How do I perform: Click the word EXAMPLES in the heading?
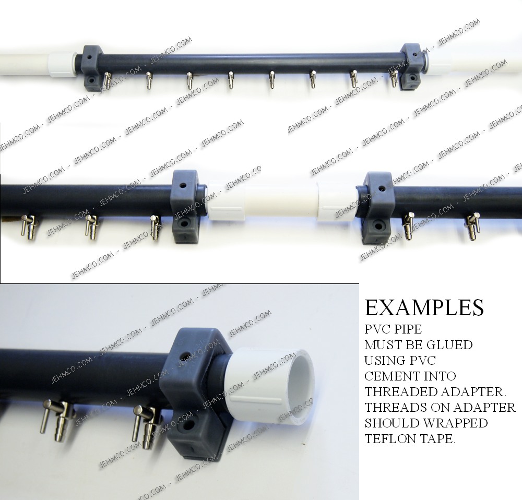[424, 307]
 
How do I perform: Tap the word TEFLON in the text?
[386, 439]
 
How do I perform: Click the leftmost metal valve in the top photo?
[107, 80]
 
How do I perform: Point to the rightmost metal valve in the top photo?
[394, 79]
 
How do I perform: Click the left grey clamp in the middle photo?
[185, 207]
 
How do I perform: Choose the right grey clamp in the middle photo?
[377, 208]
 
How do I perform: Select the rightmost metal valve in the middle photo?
[474, 227]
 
